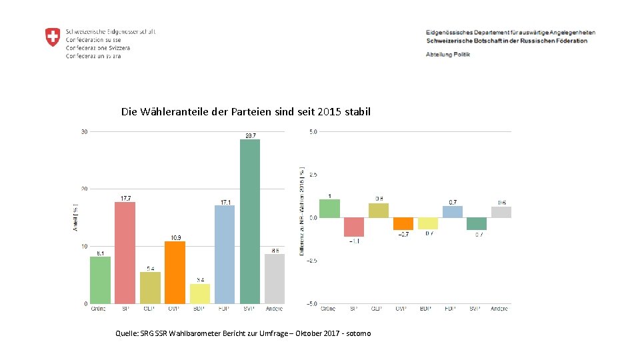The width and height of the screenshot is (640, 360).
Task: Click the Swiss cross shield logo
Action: (53, 37)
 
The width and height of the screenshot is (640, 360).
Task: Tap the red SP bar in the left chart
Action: (125, 253)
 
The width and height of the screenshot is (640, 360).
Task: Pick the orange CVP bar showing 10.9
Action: (175, 272)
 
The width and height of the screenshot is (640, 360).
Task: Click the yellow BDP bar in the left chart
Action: (200, 293)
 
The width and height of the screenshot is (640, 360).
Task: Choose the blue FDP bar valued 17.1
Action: (225, 254)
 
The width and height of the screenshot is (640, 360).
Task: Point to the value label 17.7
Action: (125, 198)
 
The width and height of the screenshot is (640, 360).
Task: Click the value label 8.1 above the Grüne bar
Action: (100, 253)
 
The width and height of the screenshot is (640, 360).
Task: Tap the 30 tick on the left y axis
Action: (84, 132)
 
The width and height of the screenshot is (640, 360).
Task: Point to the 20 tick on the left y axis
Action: (84, 189)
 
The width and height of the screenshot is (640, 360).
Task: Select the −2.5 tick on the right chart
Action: (312, 261)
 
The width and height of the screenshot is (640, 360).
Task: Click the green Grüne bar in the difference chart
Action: (329, 209)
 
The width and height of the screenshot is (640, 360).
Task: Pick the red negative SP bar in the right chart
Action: (354, 227)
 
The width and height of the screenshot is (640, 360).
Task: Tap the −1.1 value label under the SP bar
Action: (354, 241)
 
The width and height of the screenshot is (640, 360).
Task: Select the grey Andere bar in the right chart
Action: (501, 212)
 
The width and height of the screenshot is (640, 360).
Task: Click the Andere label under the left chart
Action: (274, 309)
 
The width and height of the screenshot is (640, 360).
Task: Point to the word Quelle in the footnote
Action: (128, 333)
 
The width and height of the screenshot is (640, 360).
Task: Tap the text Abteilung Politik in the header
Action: (448, 54)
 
